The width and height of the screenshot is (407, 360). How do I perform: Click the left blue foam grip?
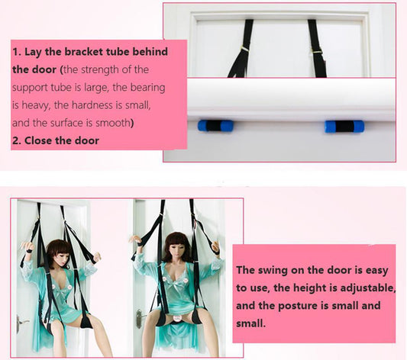[x=215, y=126]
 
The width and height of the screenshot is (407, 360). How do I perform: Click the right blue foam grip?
[x=344, y=127]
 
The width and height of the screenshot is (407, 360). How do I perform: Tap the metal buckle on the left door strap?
[x=245, y=49]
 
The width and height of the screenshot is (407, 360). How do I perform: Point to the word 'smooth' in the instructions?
[x=112, y=123]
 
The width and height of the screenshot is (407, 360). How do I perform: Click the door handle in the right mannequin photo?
[x=140, y=318]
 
